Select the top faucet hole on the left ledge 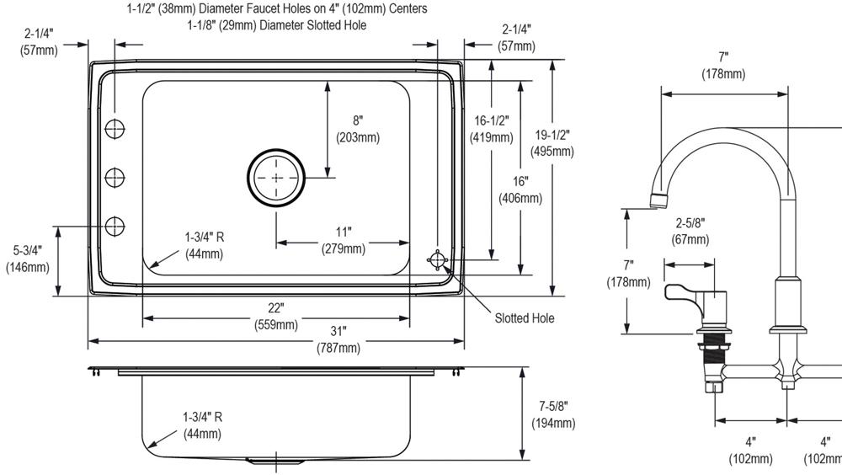point(115,129)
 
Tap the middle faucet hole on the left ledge point(115,177)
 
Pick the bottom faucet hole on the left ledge point(115,226)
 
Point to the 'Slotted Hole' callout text point(524,318)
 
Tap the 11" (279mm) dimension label point(343,240)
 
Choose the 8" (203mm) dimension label point(357,129)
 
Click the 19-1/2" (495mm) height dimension point(552,143)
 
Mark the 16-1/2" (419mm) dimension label point(492,129)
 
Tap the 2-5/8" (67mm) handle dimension point(690,232)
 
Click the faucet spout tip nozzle point(660,200)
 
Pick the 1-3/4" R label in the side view point(203,425)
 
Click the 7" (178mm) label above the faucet point(722,66)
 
